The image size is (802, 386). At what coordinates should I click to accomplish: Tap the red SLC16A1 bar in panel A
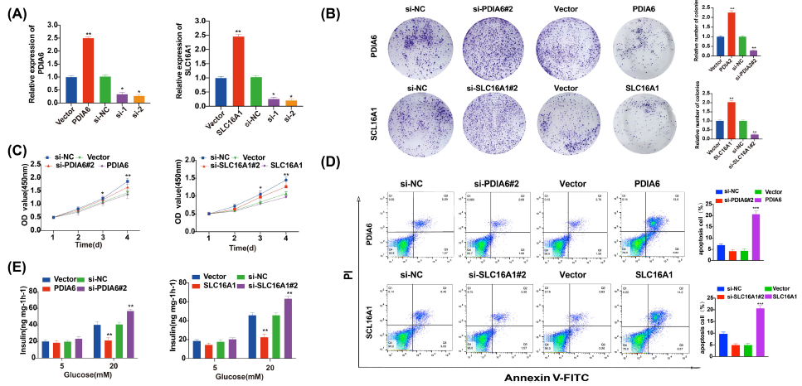click(x=238, y=71)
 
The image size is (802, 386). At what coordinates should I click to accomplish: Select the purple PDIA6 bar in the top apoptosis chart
click(x=756, y=236)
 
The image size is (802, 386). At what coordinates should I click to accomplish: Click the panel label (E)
click(x=17, y=268)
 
